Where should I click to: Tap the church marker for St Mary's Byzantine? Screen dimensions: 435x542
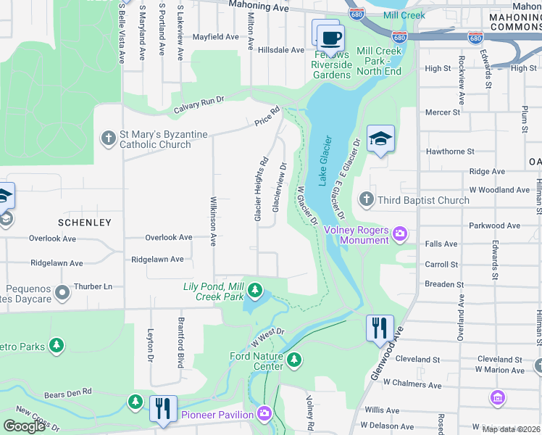click(x=109, y=138)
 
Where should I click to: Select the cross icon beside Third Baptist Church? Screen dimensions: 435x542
click(x=367, y=199)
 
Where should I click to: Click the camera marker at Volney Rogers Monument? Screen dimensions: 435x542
click(x=400, y=233)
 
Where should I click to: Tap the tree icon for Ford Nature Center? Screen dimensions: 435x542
click(x=293, y=360)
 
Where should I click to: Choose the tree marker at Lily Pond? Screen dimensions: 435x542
click(x=254, y=291)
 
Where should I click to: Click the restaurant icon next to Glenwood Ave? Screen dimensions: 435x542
click(x=380, y=328)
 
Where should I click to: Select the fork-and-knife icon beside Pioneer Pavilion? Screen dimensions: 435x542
click(x=163, y=407)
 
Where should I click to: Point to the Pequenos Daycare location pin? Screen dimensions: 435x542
click(x=62, y=292)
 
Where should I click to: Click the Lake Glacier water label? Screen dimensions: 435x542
click(x=325, y=158)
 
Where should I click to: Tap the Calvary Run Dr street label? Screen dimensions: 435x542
click(x=199, y=106)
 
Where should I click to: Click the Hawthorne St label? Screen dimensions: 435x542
click(x=450, y=152)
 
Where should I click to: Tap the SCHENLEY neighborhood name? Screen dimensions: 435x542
click(x=86, y=222)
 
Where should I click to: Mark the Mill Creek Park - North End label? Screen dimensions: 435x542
click(x=379, y=61)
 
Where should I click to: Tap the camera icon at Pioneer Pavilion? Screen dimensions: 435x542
click(x=264, y=414)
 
